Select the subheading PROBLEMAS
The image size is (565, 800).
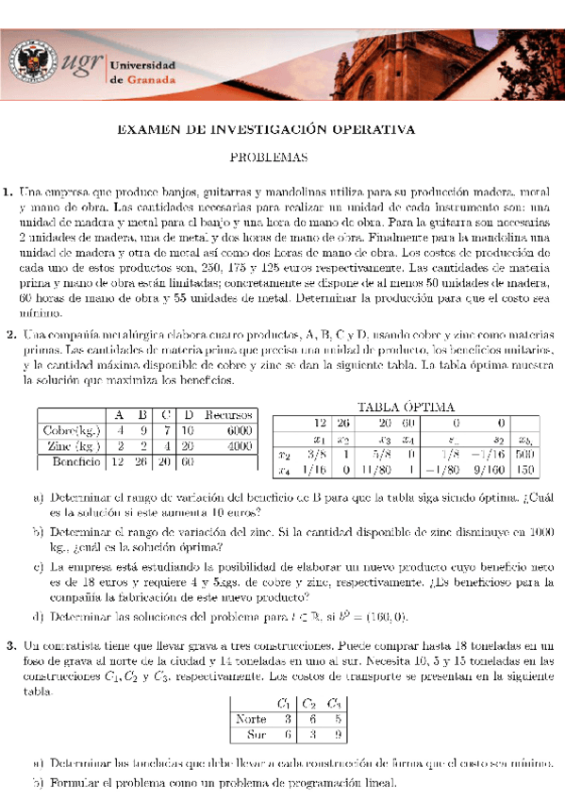(x=282, y=159)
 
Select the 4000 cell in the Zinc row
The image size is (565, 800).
(x=240, y=446)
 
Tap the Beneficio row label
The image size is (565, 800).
(x=73, y=462)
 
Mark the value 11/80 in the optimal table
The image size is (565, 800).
(x=376, y=470)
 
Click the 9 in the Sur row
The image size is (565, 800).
(x=337, y=734)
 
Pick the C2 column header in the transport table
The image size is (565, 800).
(x=308, y=703)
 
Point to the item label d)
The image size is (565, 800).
(x=37, y=617)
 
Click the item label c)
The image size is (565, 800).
(x=37, y=568)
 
